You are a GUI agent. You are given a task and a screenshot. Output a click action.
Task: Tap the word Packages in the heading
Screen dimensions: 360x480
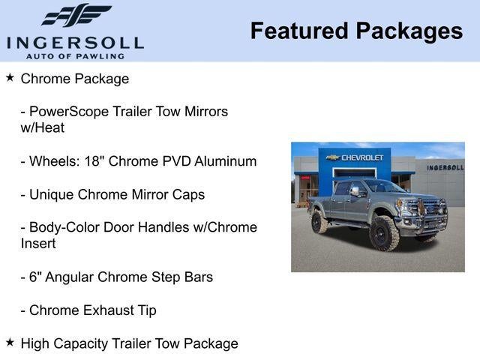click(409, 31)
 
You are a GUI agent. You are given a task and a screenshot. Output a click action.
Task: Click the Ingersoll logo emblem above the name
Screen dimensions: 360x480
click(75, 16)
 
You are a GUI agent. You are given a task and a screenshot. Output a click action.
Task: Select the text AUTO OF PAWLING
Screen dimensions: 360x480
click(75, 55)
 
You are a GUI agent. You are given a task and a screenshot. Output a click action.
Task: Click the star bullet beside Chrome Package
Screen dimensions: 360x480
click(10, 77)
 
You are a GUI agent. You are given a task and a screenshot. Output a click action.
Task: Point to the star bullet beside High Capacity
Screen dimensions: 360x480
click(10, 342)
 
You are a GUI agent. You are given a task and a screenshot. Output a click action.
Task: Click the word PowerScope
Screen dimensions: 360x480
click(69, 112)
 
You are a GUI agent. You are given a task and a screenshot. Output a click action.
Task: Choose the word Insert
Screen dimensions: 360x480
click(38, 244)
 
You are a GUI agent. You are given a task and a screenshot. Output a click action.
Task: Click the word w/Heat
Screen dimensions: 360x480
click(43, 128)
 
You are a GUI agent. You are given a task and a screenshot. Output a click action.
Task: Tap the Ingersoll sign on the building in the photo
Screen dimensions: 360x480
click(445, 167)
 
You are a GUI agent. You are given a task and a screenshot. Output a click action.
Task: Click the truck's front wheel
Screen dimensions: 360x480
click(384, 232)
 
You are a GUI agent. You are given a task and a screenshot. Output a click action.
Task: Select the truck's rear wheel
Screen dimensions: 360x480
click(319, 221)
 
